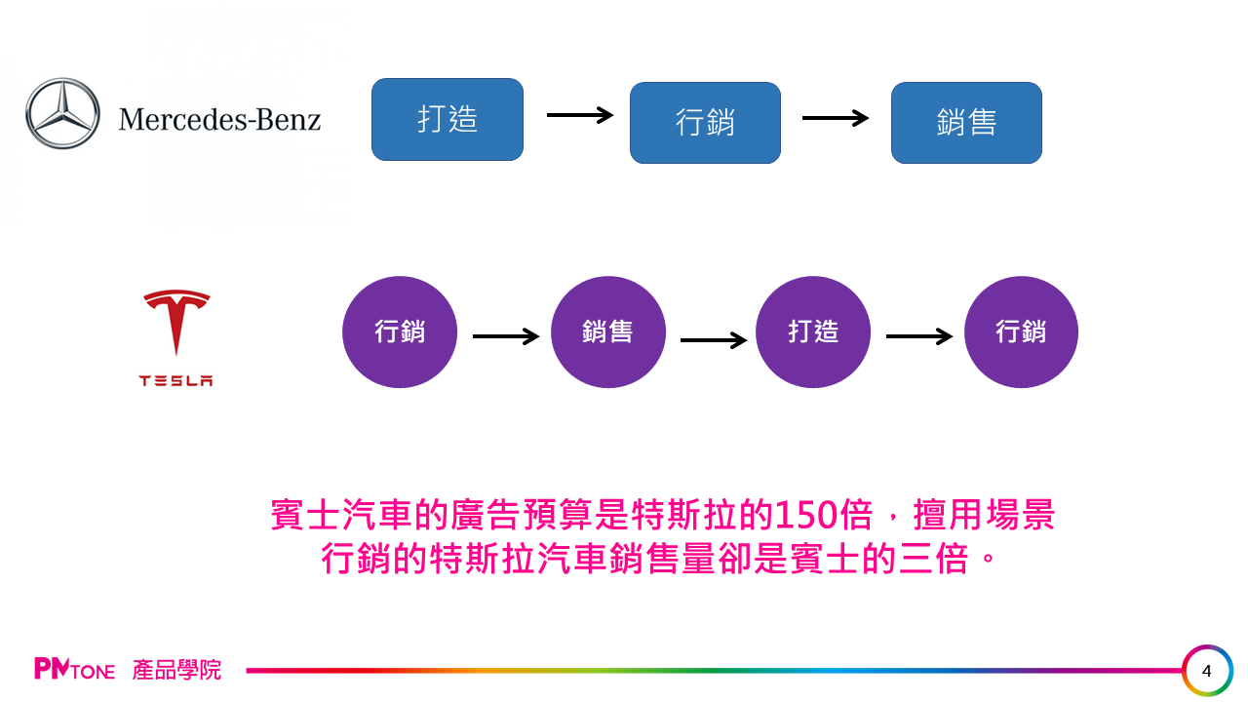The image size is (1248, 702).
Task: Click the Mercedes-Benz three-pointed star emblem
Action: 62,114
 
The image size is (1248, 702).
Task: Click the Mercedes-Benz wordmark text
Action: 219,120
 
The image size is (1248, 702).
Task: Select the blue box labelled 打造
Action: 448,119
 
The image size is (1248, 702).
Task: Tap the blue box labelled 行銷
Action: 705,123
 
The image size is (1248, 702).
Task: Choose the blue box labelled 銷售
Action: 966,123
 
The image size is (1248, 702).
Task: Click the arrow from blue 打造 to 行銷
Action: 579,115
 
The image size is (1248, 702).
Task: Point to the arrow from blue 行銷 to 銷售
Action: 835,118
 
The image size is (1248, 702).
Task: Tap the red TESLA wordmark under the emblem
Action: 176,381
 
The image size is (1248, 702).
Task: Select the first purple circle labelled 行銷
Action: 400,331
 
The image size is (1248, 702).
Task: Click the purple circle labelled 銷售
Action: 607,331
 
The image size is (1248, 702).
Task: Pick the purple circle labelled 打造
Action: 813,331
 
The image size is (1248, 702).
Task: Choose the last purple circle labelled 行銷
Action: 1021,331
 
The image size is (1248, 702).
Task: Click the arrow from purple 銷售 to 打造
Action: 713,340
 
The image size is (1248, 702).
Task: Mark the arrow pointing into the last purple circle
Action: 918,336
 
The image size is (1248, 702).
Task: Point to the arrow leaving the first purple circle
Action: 505,336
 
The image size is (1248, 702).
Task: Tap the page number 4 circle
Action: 1207,671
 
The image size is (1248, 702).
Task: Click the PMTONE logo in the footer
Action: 74,670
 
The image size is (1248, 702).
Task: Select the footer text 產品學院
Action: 177,670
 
